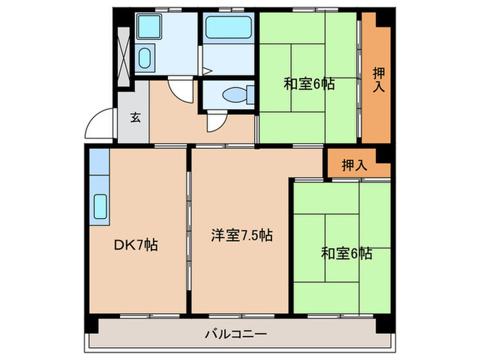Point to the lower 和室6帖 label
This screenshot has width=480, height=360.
pyautogui.click(x=346, y=253)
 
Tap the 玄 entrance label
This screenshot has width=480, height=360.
pyautogui.click(x=136, y=117)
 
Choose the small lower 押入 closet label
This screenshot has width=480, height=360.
pyautogui.click(x=355, y=165)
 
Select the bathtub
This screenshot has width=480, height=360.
pyautogui.click(x=229, y=29)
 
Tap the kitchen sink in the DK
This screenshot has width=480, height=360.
pyautogui.click(x=99, y=206)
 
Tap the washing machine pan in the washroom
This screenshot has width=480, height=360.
pyautogui.click(x=149, y=27)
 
